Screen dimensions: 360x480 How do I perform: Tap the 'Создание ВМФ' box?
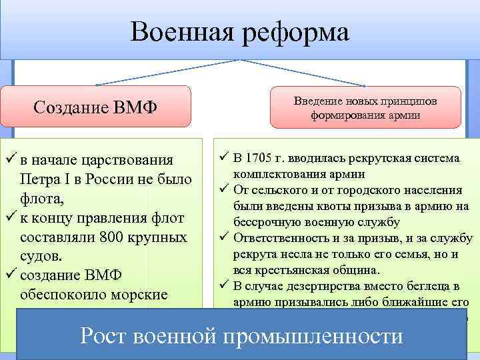pyautogui.click(x=95, y=107)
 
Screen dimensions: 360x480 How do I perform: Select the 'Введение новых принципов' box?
pyautogui.click(x=365, y=107)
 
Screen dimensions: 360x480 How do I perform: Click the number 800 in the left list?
pyautogui.click(x=117, y=237)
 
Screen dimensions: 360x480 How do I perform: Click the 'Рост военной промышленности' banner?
pyautogui.click(x=241, y=335)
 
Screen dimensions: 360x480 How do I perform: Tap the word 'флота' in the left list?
pyautogui.click(x=40, y=198)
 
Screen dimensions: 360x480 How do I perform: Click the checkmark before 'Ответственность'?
pyautogui.click(x=223, y=238)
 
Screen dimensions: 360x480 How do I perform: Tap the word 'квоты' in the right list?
pyautogui.click(x=329, y=206)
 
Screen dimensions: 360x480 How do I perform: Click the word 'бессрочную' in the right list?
pyautogui.click(x=265, y=222)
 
